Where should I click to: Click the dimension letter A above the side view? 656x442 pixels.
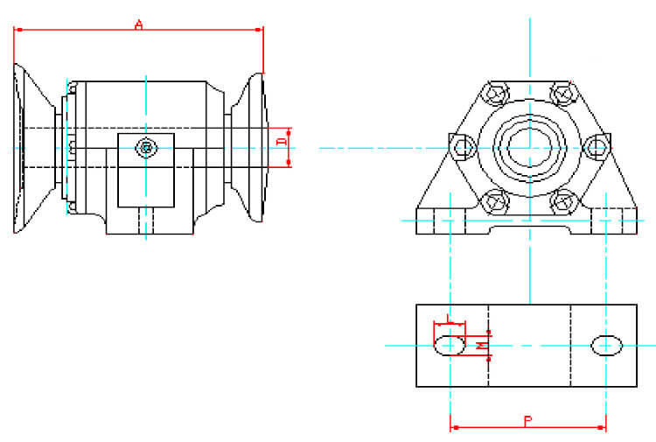coord(138,24)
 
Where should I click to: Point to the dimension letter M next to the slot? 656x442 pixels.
coord(480,346)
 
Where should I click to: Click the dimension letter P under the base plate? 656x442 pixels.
coord(527,421)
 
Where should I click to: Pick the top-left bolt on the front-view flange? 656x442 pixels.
coord(496,92)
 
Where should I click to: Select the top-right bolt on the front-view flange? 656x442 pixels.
coord(561,92)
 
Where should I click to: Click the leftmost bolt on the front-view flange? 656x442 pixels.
coord(463,146)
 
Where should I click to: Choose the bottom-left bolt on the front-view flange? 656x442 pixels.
coord(496,200)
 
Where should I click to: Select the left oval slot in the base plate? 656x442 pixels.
coord(450,345)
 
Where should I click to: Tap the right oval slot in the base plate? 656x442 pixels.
coord(606,345)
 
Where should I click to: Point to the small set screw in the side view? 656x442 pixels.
coord(145,148)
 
